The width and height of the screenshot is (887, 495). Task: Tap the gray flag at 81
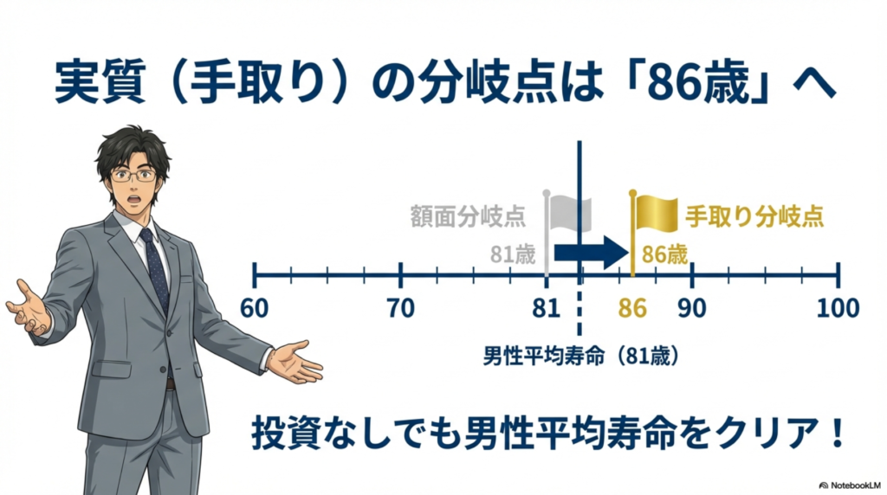pos(570,209)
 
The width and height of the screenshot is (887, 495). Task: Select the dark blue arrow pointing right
pos(590,252)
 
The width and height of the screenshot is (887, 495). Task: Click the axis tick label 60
pos(254,308)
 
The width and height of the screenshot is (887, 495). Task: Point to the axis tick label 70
pos(400,308)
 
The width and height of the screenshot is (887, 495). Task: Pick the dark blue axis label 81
pos(547,308)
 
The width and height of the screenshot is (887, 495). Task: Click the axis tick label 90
pos(691,308)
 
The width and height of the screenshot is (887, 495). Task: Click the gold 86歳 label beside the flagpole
pos(664,255)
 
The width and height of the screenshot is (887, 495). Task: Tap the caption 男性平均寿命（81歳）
pos(579,357)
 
